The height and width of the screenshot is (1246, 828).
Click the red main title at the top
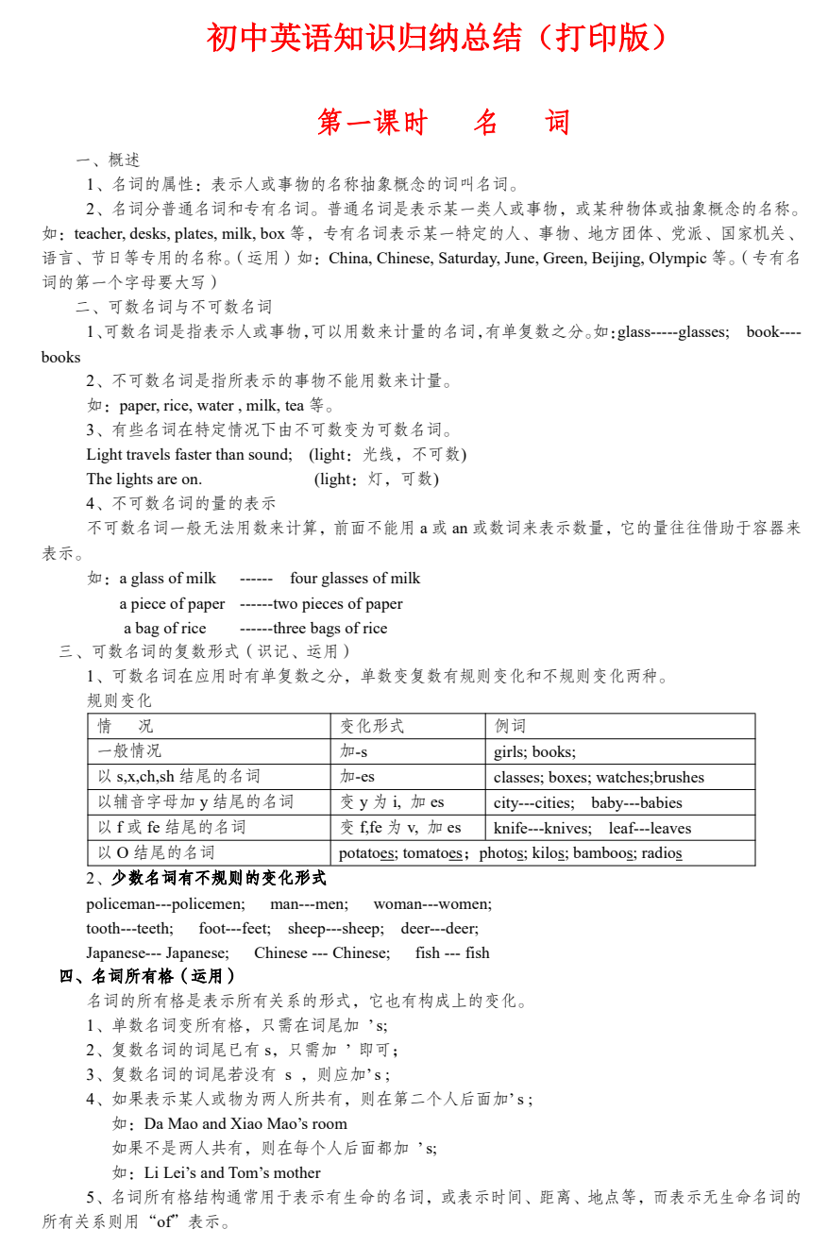coord(437,38)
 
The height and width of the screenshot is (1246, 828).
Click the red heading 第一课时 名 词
coord(443,123)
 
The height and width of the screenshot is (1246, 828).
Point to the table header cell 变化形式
coord(372,726)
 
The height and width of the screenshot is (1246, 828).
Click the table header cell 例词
coord(510,726)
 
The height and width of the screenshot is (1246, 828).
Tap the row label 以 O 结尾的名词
coord(156,853)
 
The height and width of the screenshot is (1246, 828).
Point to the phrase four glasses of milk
coord(355,579)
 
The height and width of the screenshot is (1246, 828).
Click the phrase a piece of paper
coord(172,604)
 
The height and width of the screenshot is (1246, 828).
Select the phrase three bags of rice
coord(330,629)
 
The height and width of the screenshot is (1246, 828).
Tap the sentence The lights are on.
coord(144,479)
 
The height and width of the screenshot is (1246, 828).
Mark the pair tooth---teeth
coord(129,928)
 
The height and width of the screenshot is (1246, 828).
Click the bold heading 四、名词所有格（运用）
coord(147,976)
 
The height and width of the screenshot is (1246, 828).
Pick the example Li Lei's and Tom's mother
coord(232,1172)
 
